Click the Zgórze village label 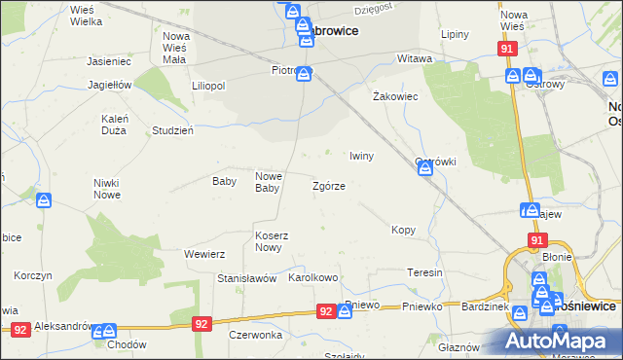point(328,185)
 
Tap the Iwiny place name point(361,156)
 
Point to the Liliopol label point(208,86)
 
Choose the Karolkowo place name point(312,278)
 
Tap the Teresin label point(425,272)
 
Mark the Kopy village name point(403,231)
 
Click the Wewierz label point(204,254)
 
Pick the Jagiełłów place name point(109,85)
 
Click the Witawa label point(415,59)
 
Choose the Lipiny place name point(455,34)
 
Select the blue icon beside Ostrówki point(425,170)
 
